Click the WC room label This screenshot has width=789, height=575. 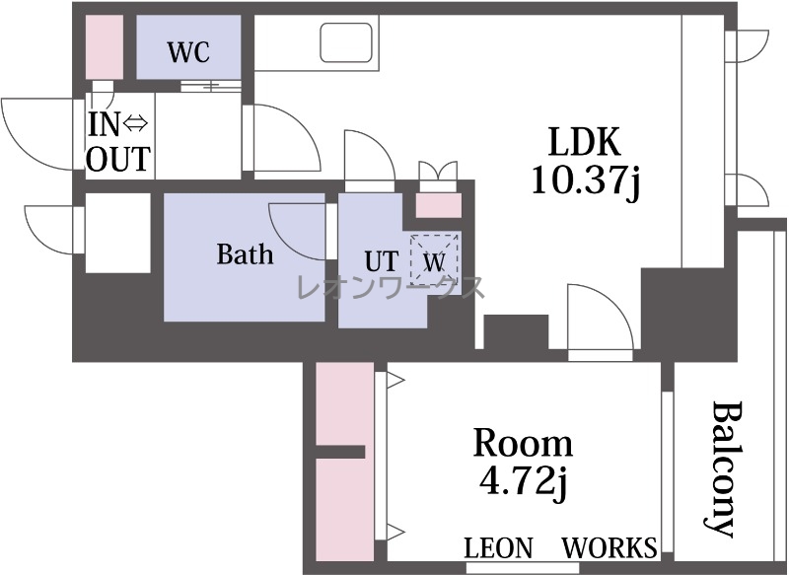coord(188,52)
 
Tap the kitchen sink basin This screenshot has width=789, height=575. coord(347,42)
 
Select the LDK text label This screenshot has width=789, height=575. coord(584,142)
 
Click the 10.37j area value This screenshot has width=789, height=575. coord(586,180)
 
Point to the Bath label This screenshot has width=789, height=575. coord(245,254)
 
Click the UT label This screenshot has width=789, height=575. coord(382,261)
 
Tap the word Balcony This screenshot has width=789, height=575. coord(724,468)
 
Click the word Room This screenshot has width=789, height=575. coord(523,443)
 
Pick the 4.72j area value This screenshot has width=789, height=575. coord(524,481)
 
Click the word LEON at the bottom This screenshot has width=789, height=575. coord(498,547)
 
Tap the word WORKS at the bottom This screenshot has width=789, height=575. coord(609,547)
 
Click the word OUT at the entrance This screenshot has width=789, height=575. coord(118,159)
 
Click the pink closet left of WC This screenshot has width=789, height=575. coord(105,46)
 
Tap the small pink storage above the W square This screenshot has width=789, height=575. coord(438,205)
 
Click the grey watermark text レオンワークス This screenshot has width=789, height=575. coord(391,288)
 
